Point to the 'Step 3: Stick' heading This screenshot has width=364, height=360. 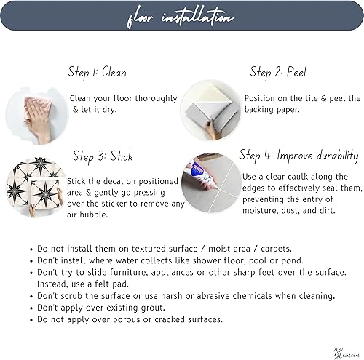coord(103,156)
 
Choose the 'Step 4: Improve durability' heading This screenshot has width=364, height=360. coord(299,155)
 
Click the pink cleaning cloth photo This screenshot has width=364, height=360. coord(36,113)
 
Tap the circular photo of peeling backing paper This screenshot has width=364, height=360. coord(210,110)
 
